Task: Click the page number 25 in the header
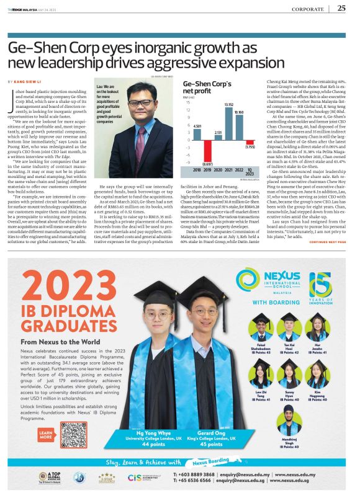click(341, 8)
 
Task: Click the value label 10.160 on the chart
click(239, 112)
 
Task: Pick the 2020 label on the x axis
click(218, 169)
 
